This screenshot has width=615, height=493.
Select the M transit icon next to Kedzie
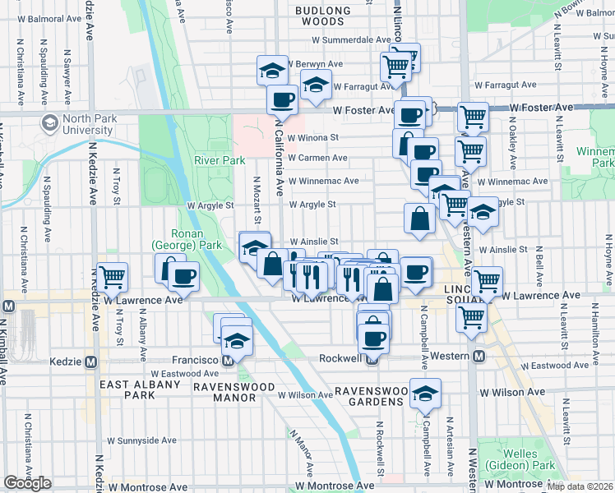[x=91, y=362]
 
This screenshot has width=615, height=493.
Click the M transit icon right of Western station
[x=478, y=356]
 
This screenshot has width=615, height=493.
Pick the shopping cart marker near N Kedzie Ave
[x=112, y=276]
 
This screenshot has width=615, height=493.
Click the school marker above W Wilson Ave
[x=425, y=393]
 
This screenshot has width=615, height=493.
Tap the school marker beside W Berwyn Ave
[x=273, y=70]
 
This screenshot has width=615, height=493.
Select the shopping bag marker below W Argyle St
[x=419, y=219]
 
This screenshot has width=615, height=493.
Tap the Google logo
[x=27, y=482]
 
